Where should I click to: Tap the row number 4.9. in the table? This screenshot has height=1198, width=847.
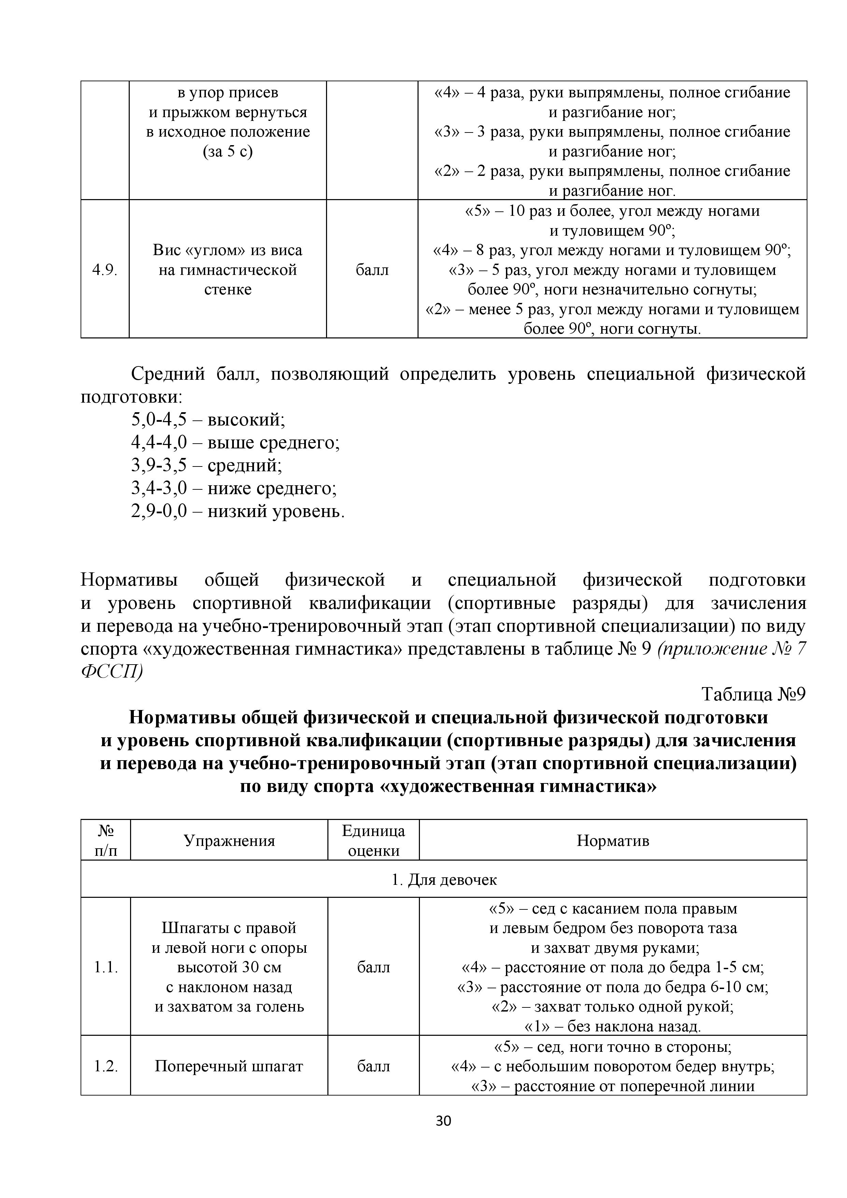point(105,270)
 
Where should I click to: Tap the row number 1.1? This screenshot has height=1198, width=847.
point(106,967)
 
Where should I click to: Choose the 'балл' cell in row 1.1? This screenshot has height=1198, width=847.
point(373,967)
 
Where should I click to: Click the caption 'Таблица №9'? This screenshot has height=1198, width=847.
point(754,695)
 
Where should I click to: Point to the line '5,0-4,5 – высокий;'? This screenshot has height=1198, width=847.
point(208,419)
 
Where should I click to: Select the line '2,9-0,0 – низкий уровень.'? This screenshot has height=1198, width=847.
point(238,511)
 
